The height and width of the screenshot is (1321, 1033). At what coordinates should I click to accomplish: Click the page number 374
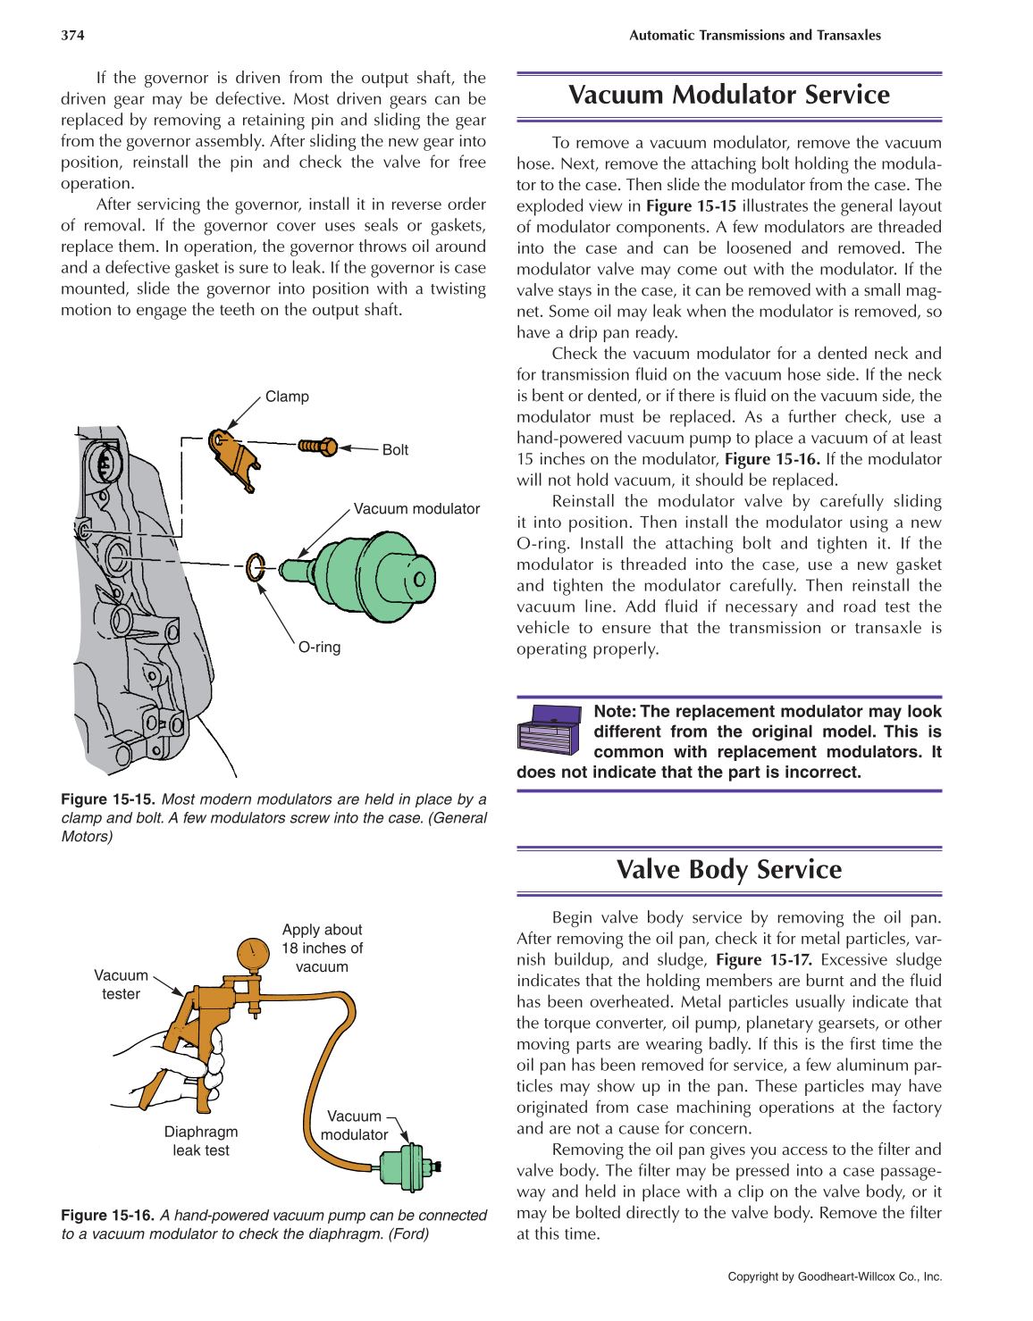[72, 36]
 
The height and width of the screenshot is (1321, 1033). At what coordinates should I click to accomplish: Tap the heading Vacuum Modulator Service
[728, 95]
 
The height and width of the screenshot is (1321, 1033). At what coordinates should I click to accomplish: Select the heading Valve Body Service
[728, 869]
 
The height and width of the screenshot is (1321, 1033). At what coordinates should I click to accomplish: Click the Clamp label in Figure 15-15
[287, 397]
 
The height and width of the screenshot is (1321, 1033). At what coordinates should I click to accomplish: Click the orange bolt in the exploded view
[317, 445]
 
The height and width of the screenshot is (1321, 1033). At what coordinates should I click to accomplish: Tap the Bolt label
[395, 450]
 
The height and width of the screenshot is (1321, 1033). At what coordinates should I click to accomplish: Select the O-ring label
[319, 647]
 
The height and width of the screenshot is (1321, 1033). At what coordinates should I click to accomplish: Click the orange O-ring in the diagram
[256, 567]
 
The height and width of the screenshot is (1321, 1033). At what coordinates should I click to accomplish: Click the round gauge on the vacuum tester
[253, 954]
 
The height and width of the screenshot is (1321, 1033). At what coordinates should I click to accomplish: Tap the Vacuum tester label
[121, 984]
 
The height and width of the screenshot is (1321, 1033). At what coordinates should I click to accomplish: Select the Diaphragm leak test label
[201, 1141]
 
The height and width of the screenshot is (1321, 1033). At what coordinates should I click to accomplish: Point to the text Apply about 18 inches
[322, 939]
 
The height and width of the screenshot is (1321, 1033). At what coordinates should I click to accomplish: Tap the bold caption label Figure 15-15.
[107, 799]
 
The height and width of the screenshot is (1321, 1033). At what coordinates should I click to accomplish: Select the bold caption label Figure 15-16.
[107, 1216]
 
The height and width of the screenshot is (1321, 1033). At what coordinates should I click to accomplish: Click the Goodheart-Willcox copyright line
[835, 1276]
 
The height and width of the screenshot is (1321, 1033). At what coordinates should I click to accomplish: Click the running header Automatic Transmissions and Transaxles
[754, 36]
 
